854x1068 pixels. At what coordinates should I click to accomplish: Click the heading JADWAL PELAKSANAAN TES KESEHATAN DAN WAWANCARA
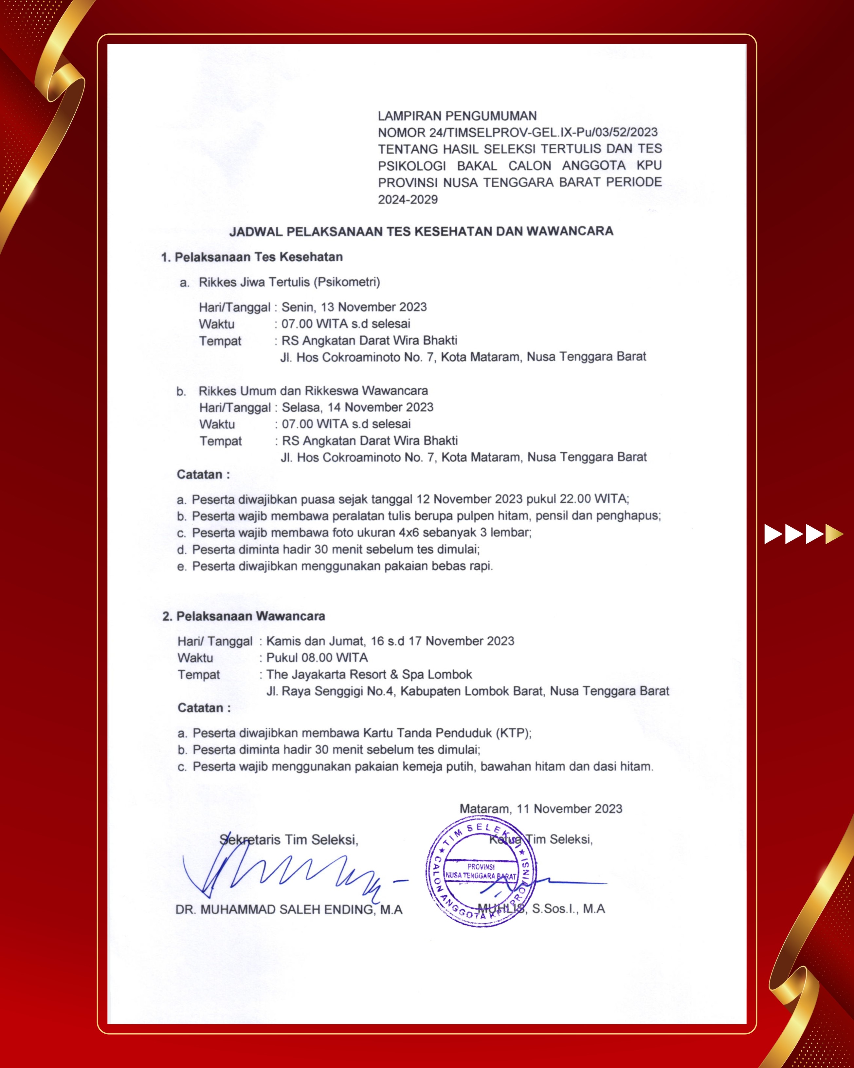click(x=421, y=231)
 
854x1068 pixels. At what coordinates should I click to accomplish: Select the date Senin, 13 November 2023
click(x=354, y=307)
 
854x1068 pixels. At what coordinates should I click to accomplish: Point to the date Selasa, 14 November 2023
click(x=357, y=407)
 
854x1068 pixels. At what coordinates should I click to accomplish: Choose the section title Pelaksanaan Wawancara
click(x=250, y=616)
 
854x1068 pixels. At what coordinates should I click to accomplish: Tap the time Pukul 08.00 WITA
click(x=317, y=658)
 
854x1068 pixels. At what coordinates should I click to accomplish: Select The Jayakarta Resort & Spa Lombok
click(x=369, y=675)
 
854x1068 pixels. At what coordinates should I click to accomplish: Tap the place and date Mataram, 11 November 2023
click(x=541, y=809)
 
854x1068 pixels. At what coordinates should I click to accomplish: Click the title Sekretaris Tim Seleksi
click(x=289, y=840)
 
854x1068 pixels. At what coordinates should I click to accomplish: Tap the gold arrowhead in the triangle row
click(x=835, y=534)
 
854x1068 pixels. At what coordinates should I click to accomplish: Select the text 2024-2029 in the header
click(x=408, y=200)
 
